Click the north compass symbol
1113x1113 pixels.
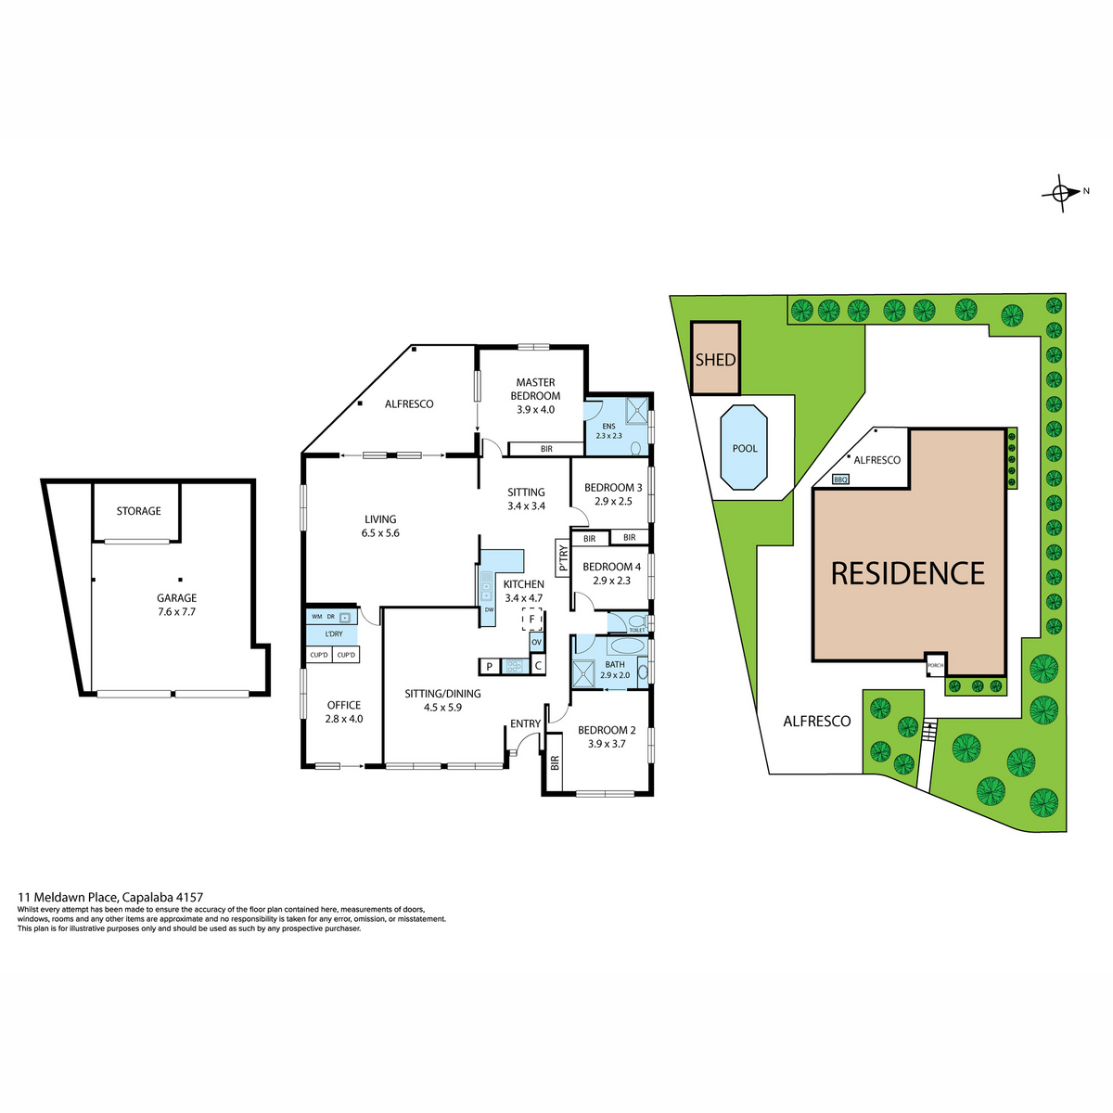1060,193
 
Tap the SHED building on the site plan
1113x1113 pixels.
716,358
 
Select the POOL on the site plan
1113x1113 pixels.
744,448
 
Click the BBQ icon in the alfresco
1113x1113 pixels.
840,479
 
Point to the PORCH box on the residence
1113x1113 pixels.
935,665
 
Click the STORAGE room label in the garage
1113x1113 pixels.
138,511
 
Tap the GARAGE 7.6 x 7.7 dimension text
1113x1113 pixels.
177,611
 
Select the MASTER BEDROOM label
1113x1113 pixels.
535,389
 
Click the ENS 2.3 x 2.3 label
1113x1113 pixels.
608,431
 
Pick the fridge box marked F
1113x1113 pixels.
531,620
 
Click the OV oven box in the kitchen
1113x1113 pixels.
537,642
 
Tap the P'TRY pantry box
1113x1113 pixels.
563,557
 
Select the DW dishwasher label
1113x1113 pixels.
489,609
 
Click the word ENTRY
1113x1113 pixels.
525,723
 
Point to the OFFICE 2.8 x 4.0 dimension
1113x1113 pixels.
344,719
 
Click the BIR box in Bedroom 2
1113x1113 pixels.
555,762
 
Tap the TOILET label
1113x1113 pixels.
636,630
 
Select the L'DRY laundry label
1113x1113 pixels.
334,633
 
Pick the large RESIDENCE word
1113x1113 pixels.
907,573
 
